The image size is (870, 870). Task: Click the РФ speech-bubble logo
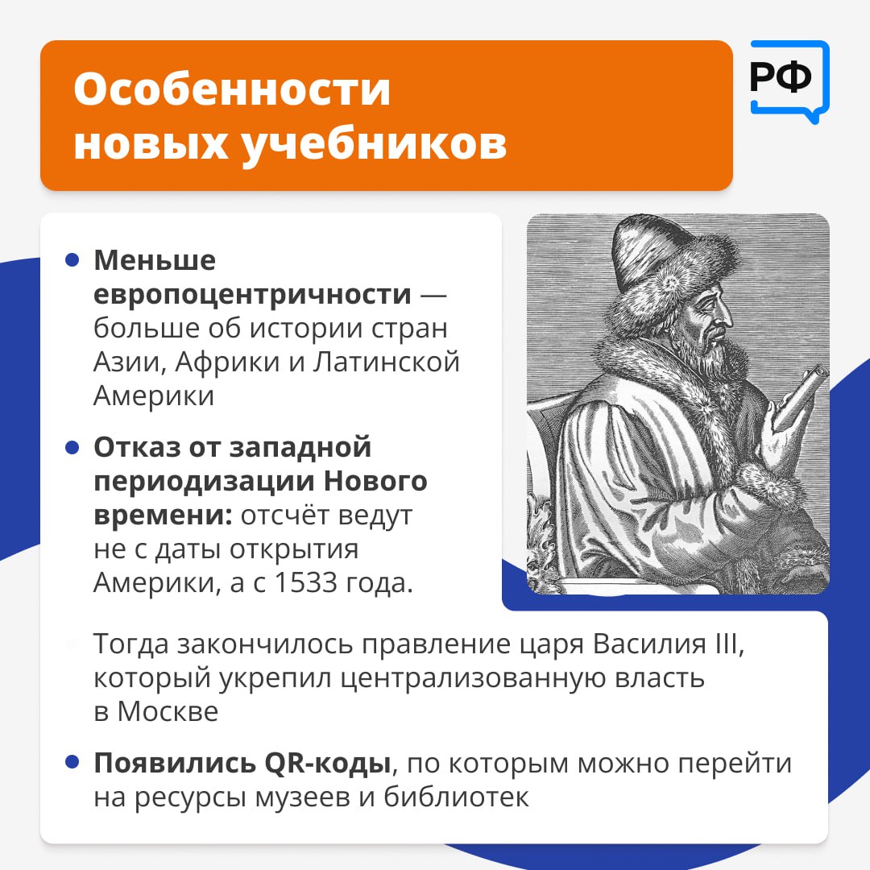click(x=789, y=81)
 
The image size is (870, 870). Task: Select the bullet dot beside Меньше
click(x=72, y=259)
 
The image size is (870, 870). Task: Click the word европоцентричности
click(x=252, y=295)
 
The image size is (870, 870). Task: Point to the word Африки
click(x=229, y=362)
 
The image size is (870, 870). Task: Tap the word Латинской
click(x=386, y=362)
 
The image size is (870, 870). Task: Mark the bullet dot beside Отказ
click(x=72, y=447)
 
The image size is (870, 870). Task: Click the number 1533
click(x=306, y=582)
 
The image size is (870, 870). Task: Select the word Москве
click(x=168, y=712)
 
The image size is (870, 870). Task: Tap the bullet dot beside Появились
click(x=72, y=762)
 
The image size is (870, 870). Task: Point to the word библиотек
click(x=456, y=797)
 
